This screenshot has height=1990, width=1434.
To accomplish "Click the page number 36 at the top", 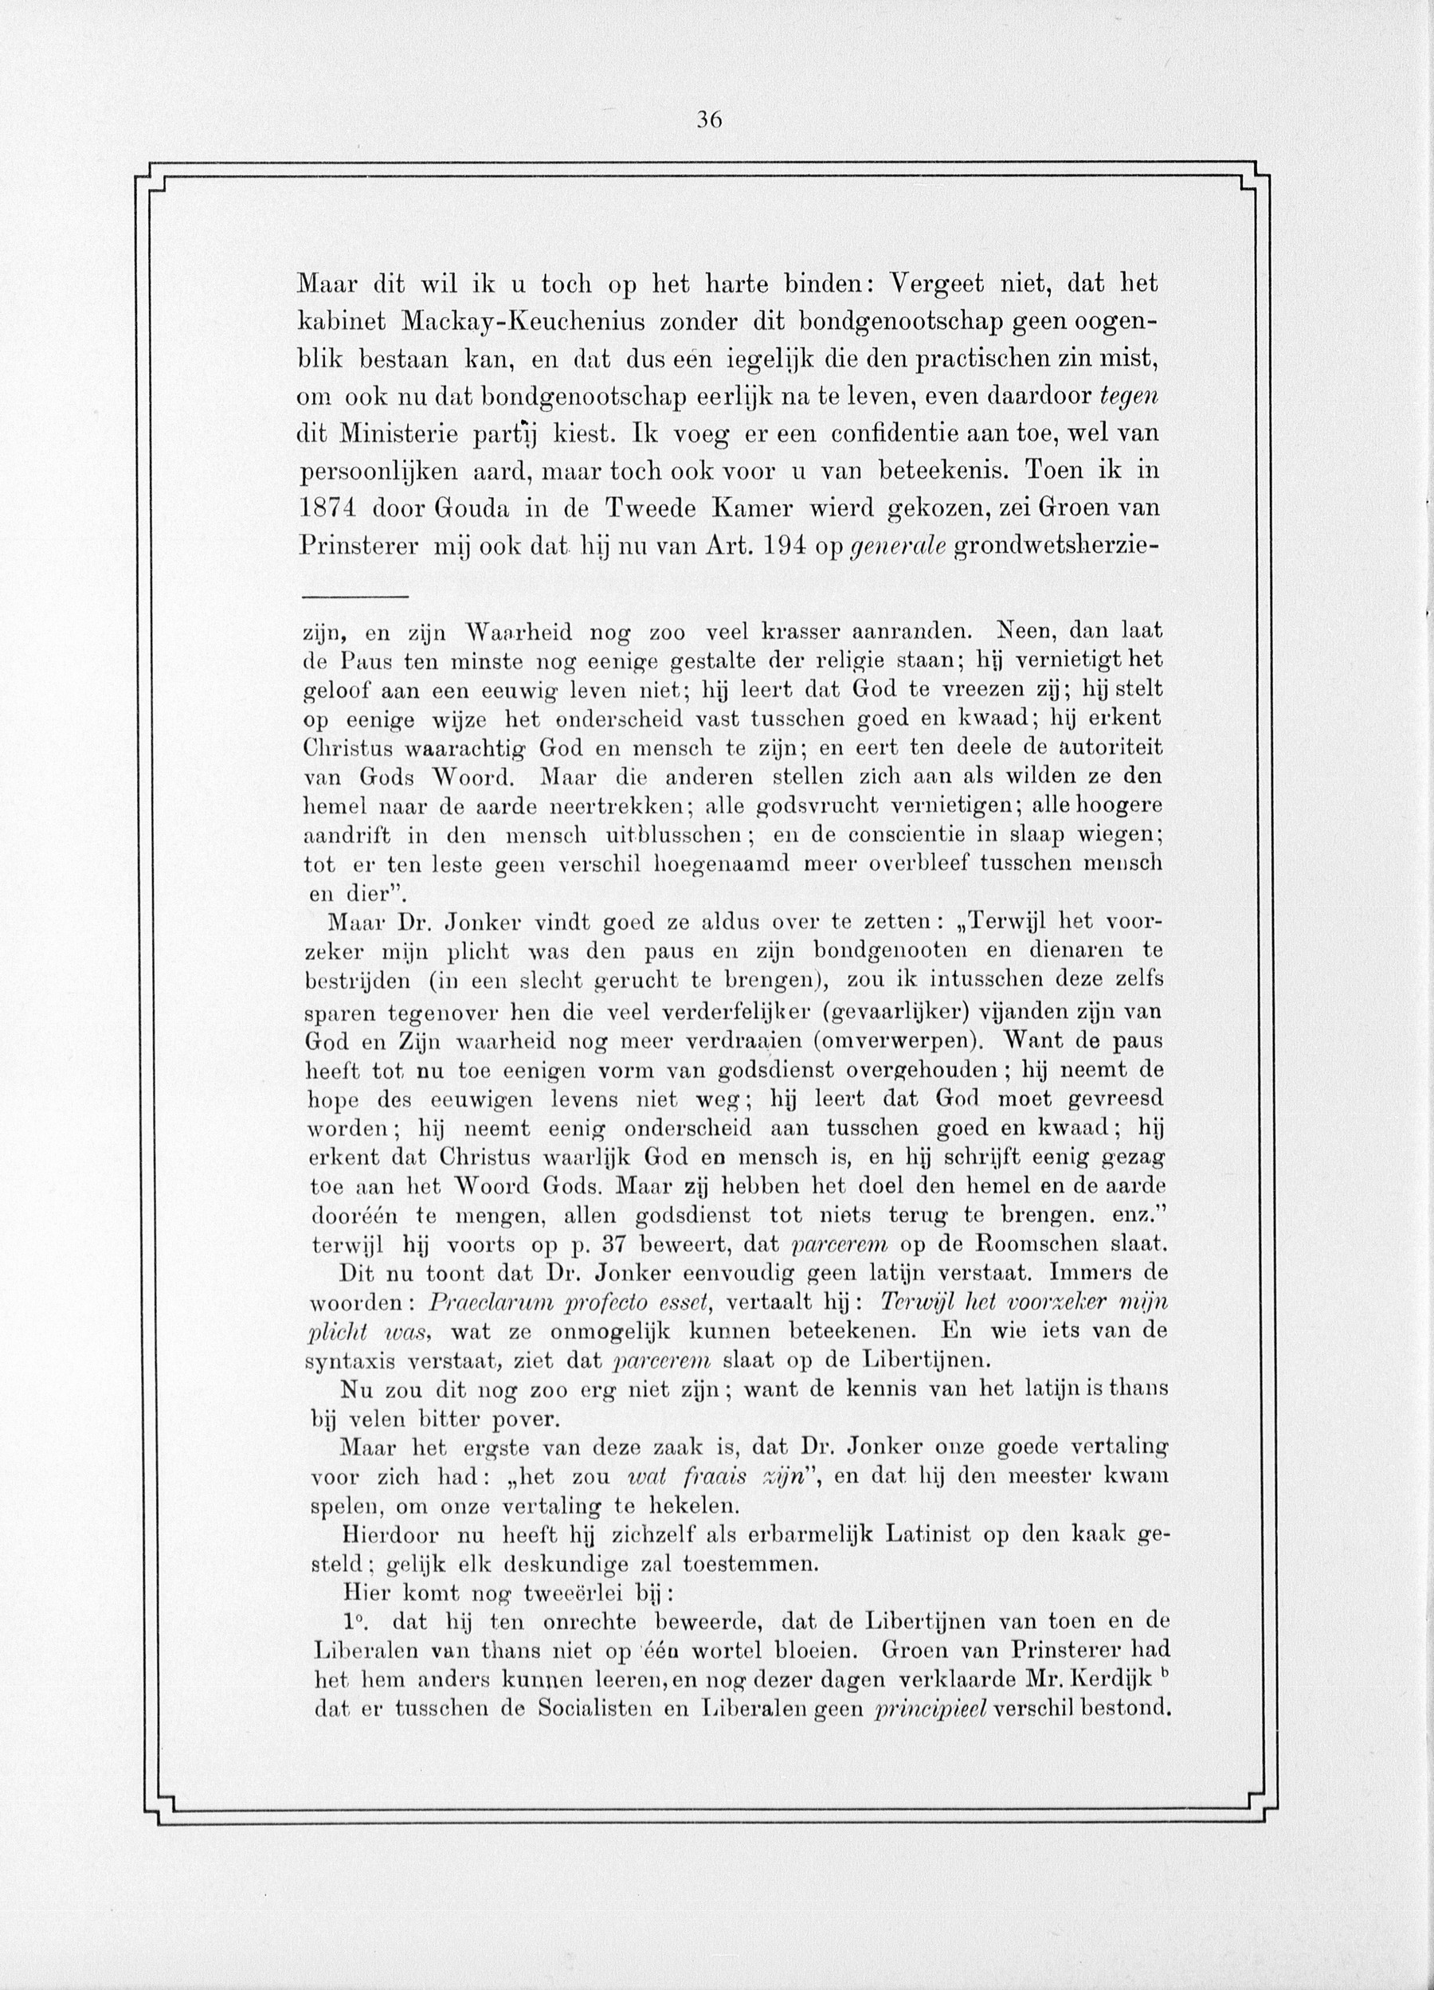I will coord(709,121).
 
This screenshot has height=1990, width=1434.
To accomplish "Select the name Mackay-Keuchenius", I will coord(523,322).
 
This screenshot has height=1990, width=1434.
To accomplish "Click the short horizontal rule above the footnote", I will coord(355,597).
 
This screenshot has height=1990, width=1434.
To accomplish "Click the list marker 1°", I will coord(355,1620).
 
